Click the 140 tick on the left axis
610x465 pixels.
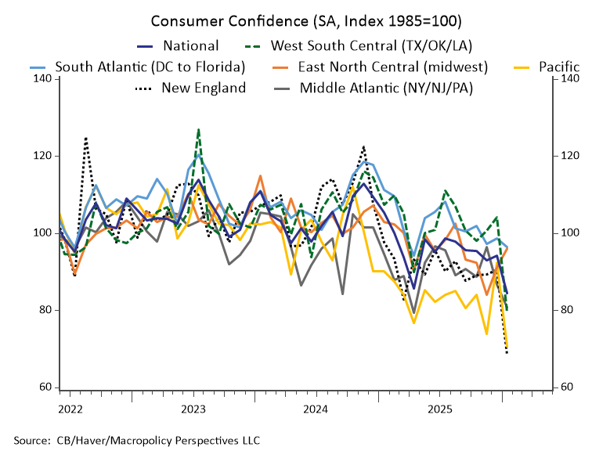pyautogui.click(x=42, y=79)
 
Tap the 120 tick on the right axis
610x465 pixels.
pyautogui.click(x=568, y=156)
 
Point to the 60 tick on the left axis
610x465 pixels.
pyautogui.click(x=45, y=387)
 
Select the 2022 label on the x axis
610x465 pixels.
pyautogui.click(x=70, y=409)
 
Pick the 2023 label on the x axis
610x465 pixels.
pyautogui.click(x=193, y=409)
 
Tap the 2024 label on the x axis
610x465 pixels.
pyautogui.click(x=316, y=409)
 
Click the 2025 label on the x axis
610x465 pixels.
pyautogui.click(x=439, y=409)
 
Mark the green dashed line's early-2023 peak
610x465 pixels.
pyautogui.click(x=199, y=129)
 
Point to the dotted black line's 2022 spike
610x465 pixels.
pyautogui.click(x=85, y=138)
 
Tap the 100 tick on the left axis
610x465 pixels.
pyautogui.click(x=42, y=233)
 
